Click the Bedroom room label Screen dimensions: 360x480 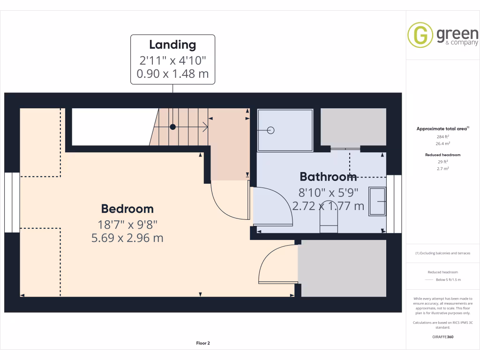coord(127,209)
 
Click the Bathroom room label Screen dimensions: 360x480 coord(328,177)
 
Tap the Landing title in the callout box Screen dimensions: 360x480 coord(172,45)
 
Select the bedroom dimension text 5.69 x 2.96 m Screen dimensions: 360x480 coord(127,238)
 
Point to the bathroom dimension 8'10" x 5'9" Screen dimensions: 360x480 coord(328,192)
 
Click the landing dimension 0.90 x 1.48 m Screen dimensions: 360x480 coord(172,74)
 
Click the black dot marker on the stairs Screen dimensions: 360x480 coord(173,127)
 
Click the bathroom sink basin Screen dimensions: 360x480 coord(377,202)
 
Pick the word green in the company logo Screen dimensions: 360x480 coord(457,34)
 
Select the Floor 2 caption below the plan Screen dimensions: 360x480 coord(203,343)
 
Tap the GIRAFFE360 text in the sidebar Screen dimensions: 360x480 coord(443,337)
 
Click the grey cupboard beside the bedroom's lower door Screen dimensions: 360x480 coord(343,269)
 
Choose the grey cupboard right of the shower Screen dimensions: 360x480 coord(353,127)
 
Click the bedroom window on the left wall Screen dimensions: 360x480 coord(12,202)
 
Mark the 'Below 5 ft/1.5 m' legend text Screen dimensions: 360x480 coord(449,279)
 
